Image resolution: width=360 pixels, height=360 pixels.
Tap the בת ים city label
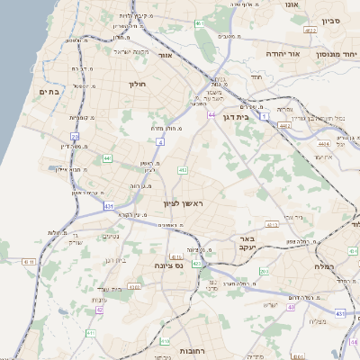click(48, 91)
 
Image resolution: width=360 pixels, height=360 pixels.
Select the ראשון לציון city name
click(184, 203)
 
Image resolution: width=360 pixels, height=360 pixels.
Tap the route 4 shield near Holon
click(160, 141)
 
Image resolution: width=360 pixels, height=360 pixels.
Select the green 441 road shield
click(107, 158)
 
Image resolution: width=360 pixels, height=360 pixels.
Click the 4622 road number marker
click(310, 31)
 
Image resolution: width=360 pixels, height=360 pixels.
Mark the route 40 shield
click(291, 307)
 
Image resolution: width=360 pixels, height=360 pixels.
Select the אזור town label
click(165, 55)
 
